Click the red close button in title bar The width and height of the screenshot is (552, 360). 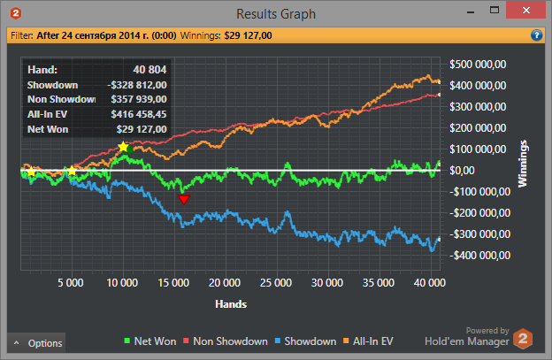click(525, 11)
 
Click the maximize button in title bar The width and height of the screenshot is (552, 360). click(494, 11)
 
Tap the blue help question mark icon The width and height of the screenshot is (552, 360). click(536, 36)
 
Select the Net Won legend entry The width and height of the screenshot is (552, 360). click(151, 341)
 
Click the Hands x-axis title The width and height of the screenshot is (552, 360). click(230, 303)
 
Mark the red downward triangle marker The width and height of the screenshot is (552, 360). click(183, 200)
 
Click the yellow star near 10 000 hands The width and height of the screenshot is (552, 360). click(123, 146)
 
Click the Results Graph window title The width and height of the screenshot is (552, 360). click(276, 13)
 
